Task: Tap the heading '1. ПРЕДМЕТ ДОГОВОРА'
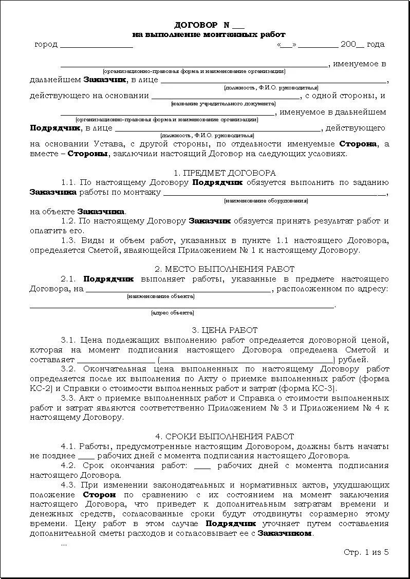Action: (225, 173)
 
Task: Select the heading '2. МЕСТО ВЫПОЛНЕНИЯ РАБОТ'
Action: (225, 269)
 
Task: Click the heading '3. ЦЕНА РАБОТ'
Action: (225, 330)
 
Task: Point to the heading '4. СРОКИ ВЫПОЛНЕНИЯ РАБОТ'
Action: (225, 436)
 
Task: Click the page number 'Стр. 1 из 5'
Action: (366, 552)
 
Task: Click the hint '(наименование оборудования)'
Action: (266, 201)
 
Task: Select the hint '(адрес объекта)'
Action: (172, 312)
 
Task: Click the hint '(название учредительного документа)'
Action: (223, 104)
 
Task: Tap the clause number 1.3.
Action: (68, 240)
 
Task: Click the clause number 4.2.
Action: (68, 465)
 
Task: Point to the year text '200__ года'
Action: (362, 44)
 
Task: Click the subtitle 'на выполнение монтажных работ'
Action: (209, 34)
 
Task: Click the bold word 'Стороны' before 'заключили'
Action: (88, 154)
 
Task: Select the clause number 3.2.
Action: (68, 369)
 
